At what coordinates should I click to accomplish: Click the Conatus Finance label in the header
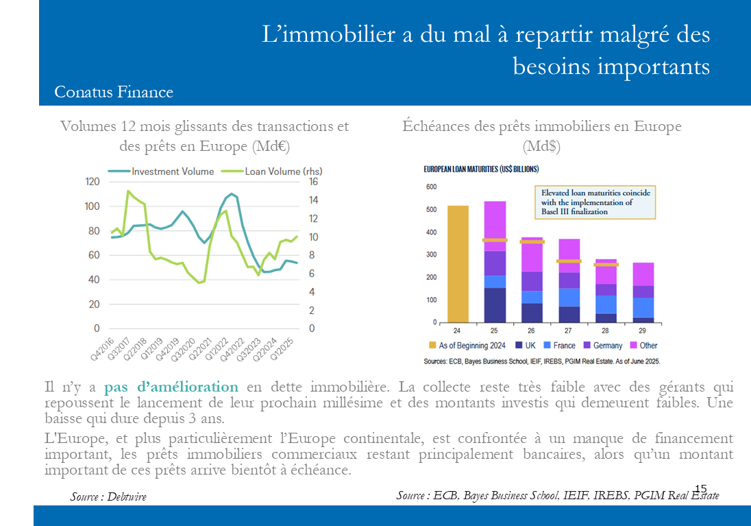click(114, 92)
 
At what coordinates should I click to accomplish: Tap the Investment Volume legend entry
click(173, 171)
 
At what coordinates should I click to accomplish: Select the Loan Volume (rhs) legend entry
click(283, 171)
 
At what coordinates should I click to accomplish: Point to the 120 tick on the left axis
click(92, 182)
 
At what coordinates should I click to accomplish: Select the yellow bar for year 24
click(458, 264)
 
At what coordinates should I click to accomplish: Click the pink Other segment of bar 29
click(643, 274)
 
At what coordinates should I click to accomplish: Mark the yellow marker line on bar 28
click(606, 265)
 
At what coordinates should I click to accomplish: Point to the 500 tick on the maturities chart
click(431, 210)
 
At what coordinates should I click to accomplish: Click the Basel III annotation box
click(594, 202)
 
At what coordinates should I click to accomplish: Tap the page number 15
click(700, 488)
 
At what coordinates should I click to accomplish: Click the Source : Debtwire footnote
click(108, 497)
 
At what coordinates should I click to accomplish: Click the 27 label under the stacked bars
click(569, 331)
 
